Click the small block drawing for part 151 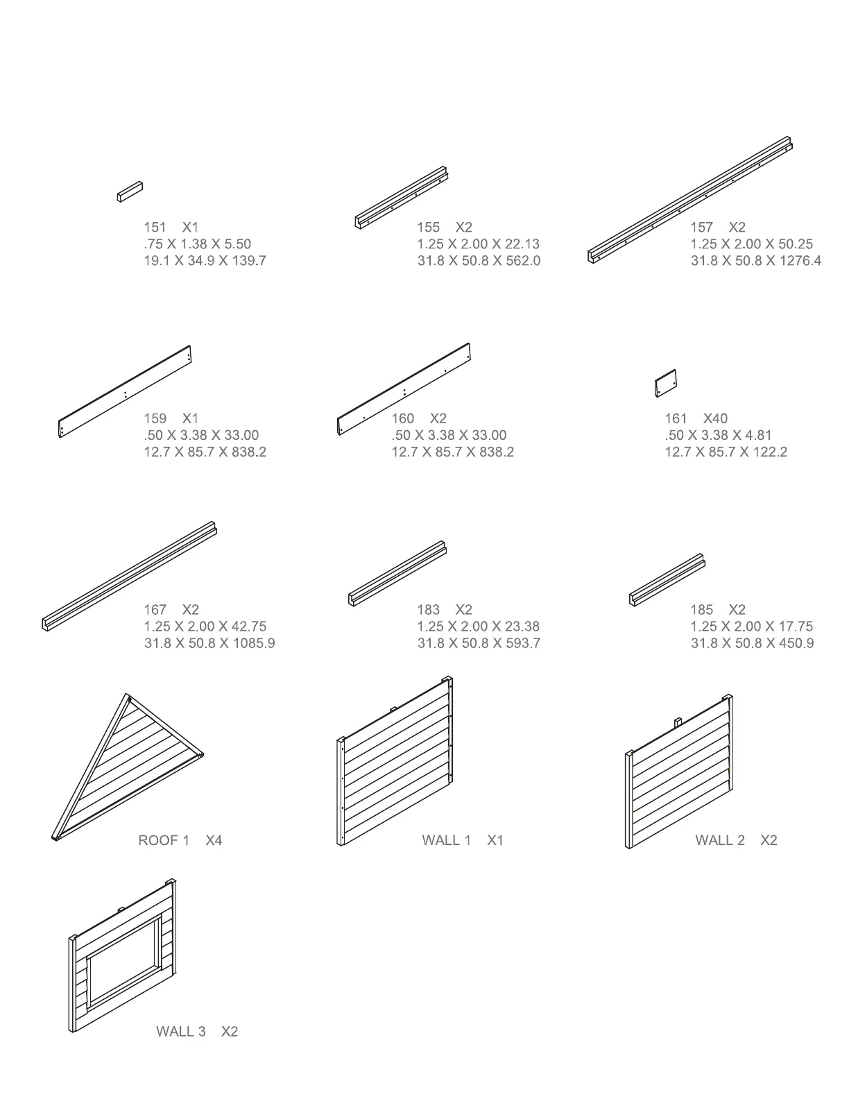click(x=130, y=191)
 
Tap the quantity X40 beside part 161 click(x=715, y=418)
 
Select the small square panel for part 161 click(x=665, y=383)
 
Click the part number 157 click(x=701, y=227)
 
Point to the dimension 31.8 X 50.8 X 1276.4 click(x=755, y=261)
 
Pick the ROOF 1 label click(x=164, y=840)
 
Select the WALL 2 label click(x=720, y=840)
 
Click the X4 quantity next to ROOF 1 click(x=214, y=840)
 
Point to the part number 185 click(x=701, y=609)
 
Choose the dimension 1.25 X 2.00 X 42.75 click(x=205, y=627)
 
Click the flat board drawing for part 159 click(x=125, y=392)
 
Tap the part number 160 click(x=402, y=418)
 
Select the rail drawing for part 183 click(x=397, y=574)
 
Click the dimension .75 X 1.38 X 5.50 click(x=197, y=244)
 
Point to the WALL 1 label click(x=447, y=840)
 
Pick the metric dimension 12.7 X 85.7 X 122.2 click(x=726, y=452)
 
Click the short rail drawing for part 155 click(x=402, y=197)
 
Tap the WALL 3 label click(x=180, y=1032)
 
